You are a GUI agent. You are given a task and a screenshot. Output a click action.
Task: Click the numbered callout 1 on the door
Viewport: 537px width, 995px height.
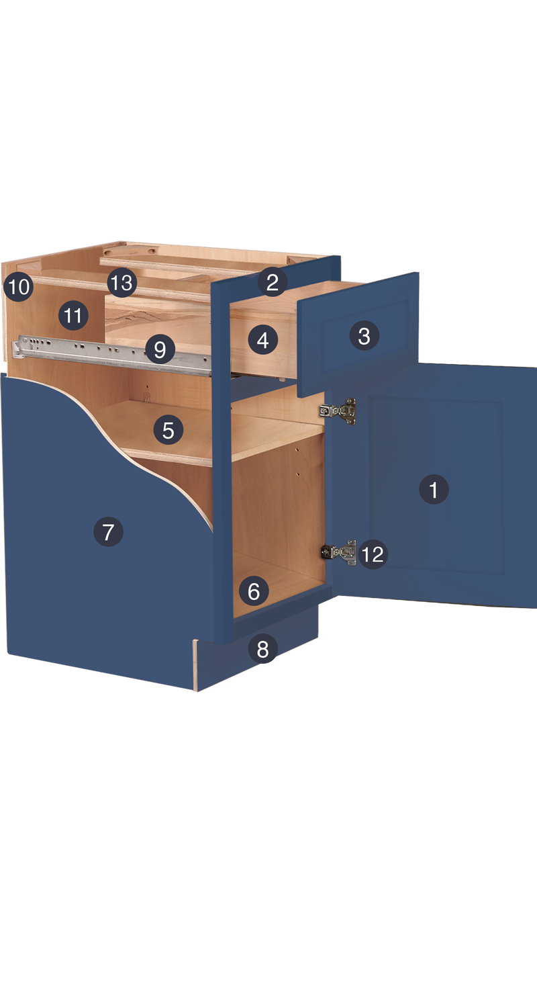(434, 489)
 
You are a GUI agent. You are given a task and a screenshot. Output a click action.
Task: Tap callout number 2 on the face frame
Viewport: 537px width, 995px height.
(272, 282)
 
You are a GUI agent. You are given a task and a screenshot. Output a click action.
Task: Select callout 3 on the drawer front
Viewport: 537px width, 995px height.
(364, 335)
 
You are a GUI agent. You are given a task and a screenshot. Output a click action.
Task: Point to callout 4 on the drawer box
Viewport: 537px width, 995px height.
(263, 340)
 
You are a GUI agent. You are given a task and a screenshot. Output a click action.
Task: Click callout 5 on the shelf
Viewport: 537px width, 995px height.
(168, 429)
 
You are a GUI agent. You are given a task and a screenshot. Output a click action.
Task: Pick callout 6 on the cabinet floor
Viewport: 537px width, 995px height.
(254, 591)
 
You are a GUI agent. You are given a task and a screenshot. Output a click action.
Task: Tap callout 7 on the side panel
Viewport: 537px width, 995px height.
(108, 531)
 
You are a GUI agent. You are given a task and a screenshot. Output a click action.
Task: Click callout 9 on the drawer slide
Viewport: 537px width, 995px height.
(159, 349)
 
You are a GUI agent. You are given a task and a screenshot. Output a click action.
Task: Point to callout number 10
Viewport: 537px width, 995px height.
(19, 286)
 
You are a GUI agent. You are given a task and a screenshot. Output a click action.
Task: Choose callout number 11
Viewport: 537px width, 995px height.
(72, 315)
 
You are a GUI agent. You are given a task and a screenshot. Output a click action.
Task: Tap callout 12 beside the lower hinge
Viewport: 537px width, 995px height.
(373, 554)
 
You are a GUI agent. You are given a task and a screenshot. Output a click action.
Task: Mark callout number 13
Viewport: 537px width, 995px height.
(121, 282)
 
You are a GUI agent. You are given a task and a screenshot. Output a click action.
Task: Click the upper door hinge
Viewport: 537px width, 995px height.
(338, 411)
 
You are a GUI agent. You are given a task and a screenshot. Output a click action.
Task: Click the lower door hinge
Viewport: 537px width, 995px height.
(340, 552)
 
